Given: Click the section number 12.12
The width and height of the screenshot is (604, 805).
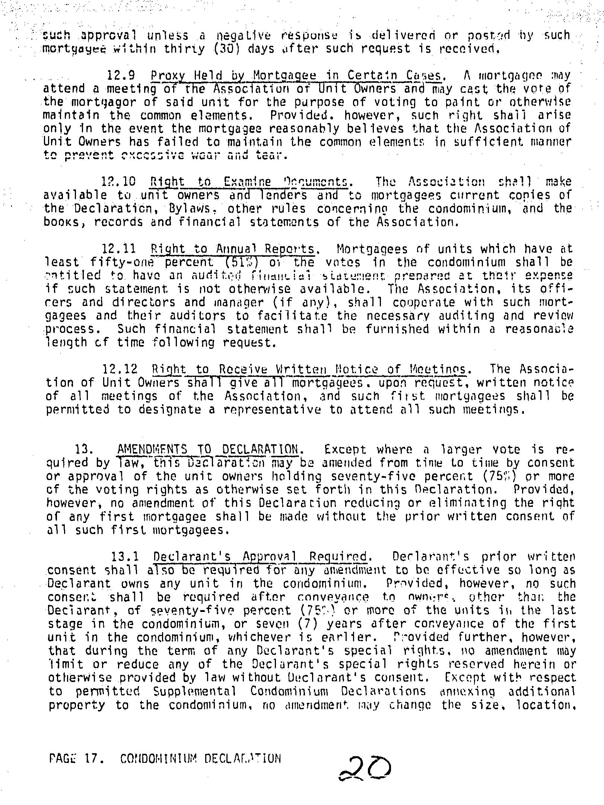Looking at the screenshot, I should coord(120,369).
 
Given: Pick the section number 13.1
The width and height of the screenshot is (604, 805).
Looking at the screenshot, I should coord(125,557).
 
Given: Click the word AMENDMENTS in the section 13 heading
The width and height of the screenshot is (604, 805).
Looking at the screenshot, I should coord(147,449).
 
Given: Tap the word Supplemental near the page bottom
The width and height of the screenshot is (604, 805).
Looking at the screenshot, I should coord(194,691).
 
